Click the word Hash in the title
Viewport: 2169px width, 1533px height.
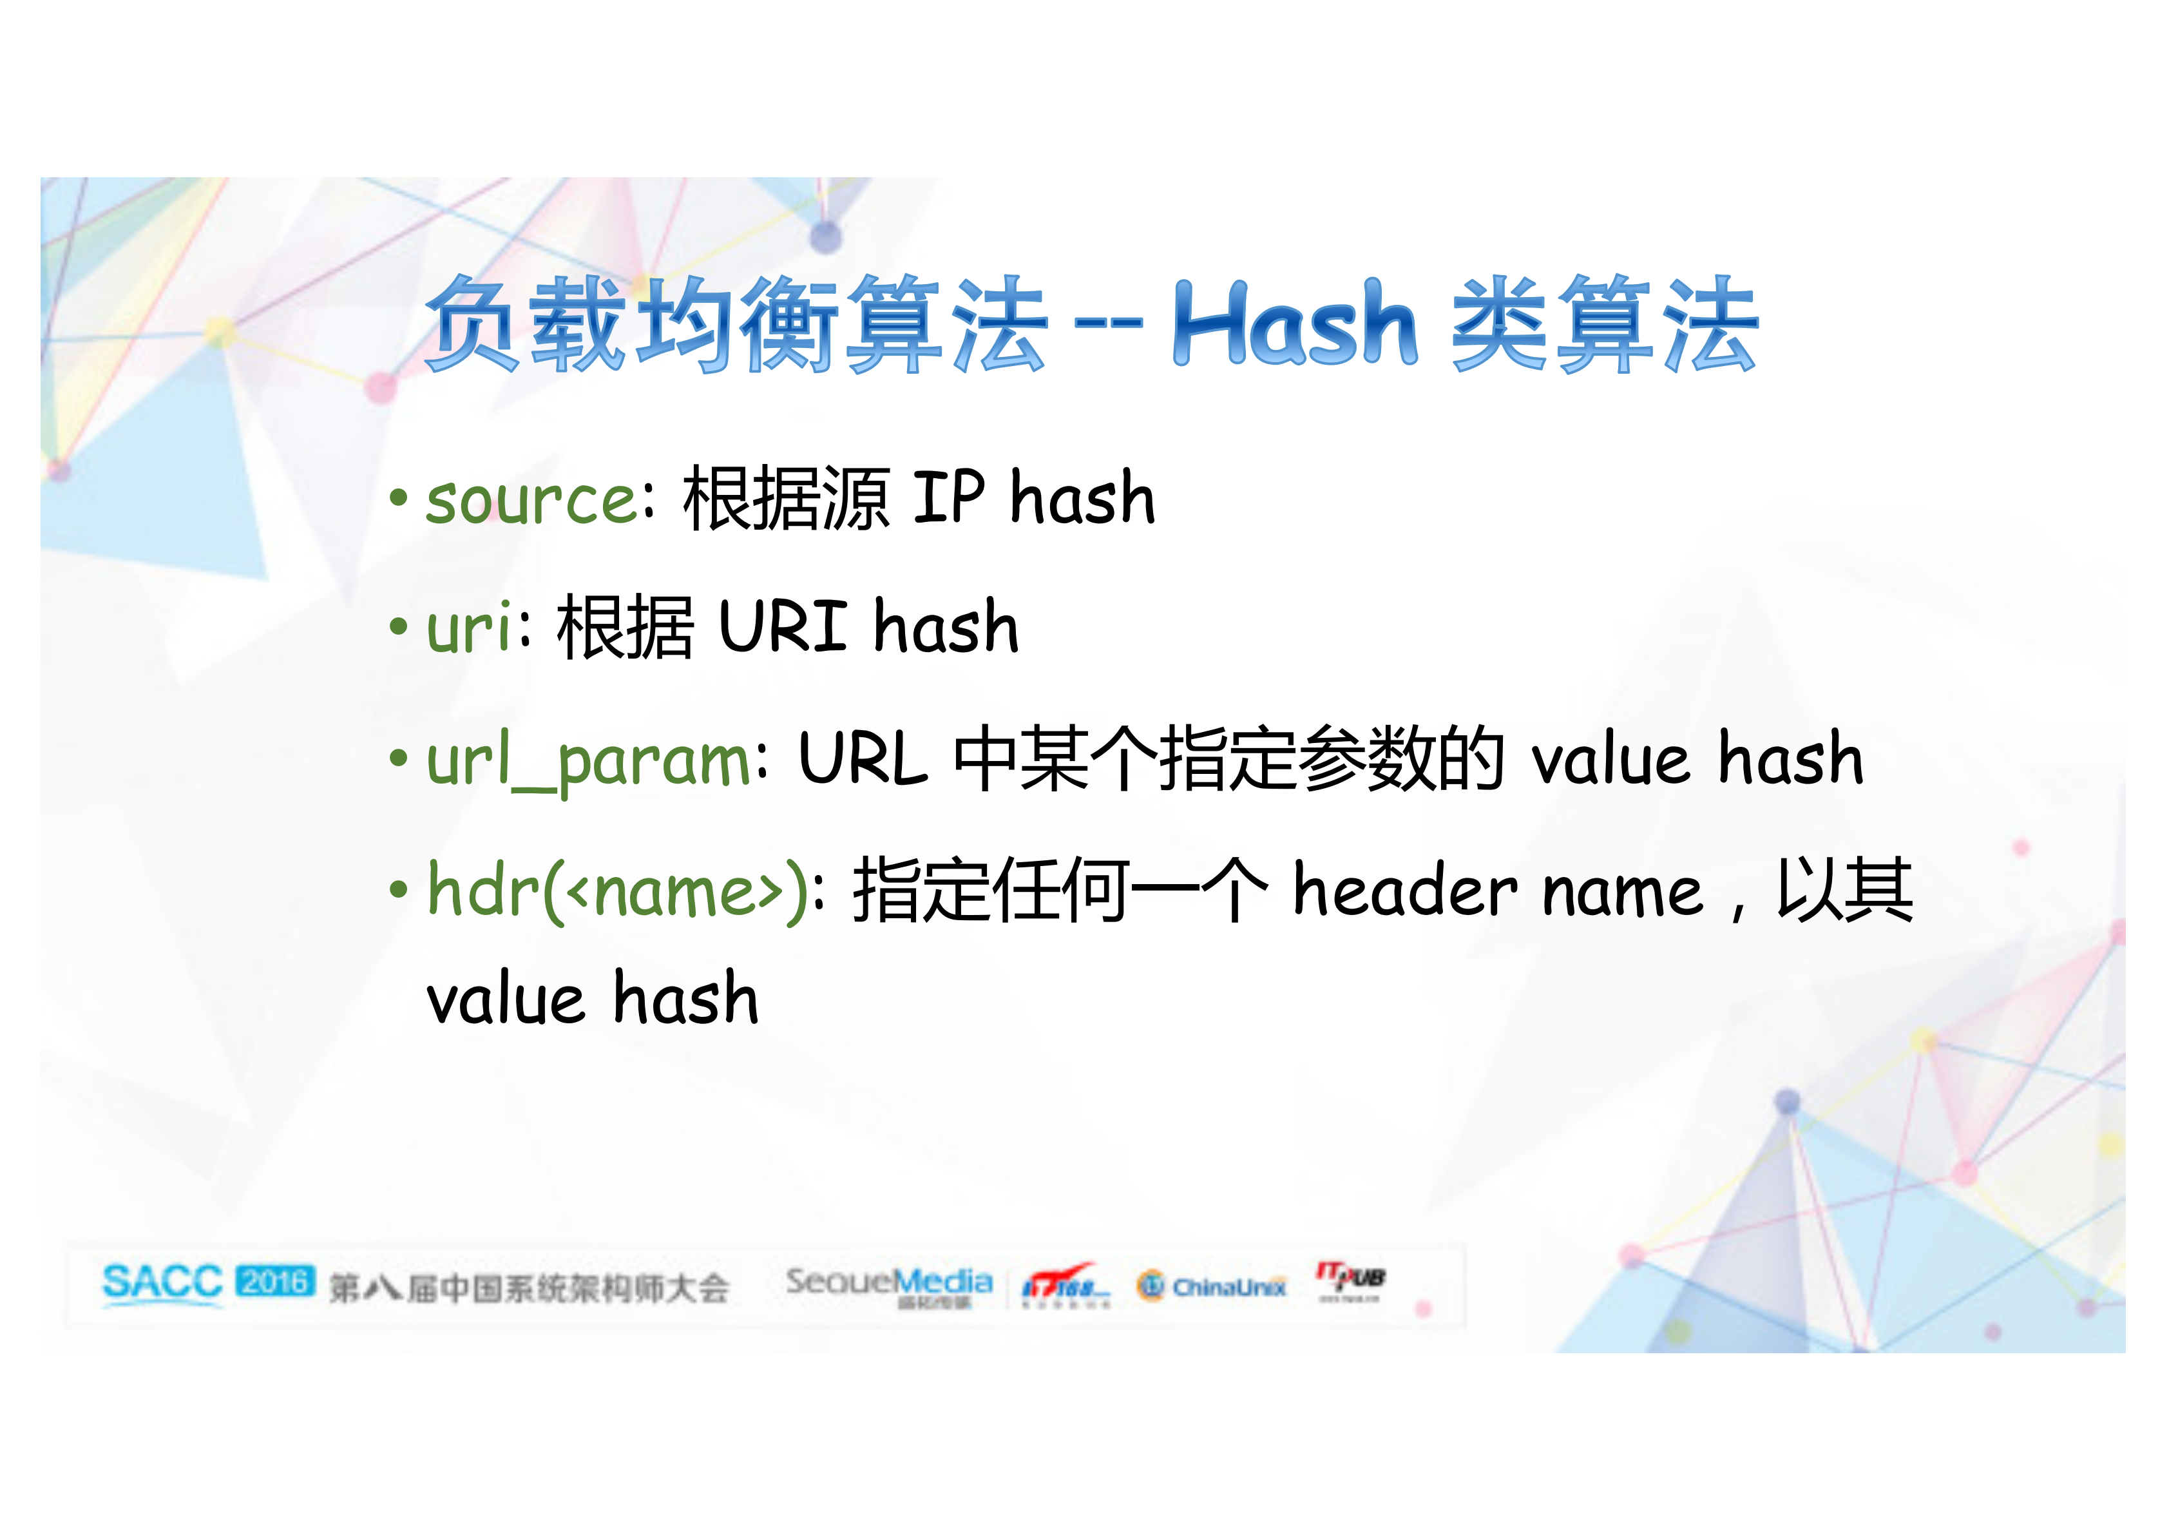(x=1294, y=324)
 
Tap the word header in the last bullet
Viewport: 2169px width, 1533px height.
(x=1405, y=891)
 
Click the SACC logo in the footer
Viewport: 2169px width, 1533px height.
(x=162, y=1284)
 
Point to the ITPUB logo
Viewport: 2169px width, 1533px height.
(x=1351, y=1278)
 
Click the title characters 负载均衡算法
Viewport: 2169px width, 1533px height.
(x=737, y=324)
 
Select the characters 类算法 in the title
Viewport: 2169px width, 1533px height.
(x=1604, y=324)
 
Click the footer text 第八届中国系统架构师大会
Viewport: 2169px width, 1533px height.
(x=529, y=1287)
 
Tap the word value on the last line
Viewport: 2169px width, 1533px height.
(x=506, y=1000)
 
